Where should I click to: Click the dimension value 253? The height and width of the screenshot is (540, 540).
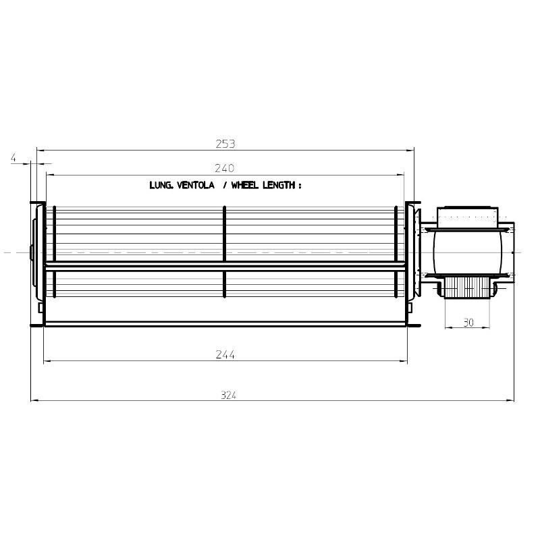pyautogui.click(x=225, y=144)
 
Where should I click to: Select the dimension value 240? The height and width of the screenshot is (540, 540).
pyautogui.click(x=224, y=168)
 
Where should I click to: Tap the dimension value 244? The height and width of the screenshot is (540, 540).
pyautogui.click(x=225, y=354)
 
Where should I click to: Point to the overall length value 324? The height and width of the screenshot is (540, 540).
pyautogui.click(x=228, y=395)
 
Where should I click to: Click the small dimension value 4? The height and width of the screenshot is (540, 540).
pyautogui.click(x=13, y=158)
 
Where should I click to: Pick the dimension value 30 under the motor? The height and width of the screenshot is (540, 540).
pyautogui.click(x=468, y=323)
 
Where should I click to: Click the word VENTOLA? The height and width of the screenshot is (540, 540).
pyautogui.click(x=196, y=185)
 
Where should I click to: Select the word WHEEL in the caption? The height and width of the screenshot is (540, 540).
pyautogui.click(x=244, y=185)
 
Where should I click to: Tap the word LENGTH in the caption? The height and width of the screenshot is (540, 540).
pyautogui.click(x=279, y=185)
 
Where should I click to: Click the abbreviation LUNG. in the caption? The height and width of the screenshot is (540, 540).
pyautogui.click(x=161, y=185)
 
